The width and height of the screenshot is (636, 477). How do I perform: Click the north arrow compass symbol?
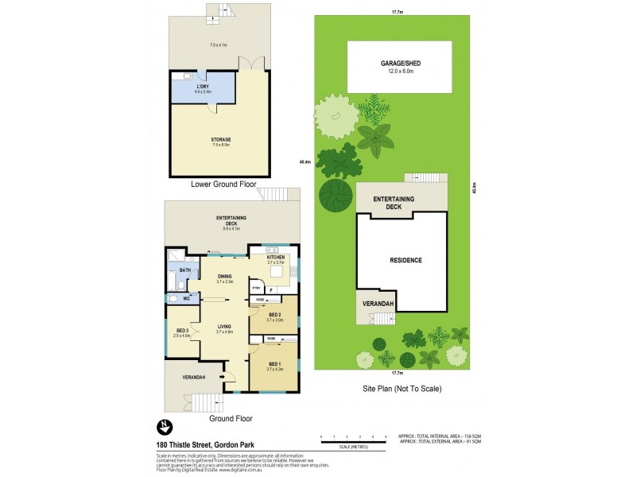[163, 425]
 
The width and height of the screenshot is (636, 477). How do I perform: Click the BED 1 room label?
[274, 364]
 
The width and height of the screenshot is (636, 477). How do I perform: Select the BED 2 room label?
[274, 316]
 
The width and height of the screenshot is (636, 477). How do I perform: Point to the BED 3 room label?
[182, 330]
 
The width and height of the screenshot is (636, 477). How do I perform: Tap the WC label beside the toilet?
[185, 299]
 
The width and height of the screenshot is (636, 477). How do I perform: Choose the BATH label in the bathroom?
[184, 270]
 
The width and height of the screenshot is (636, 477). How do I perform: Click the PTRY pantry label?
[256, 287]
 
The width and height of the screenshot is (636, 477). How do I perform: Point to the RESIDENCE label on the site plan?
[405, 260]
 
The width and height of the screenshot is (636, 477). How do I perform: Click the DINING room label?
[224, 277]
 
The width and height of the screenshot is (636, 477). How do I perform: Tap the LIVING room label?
[223, 326]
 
